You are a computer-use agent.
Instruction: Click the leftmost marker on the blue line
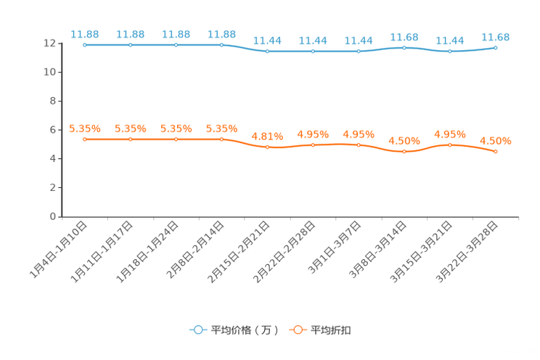pos(85,45)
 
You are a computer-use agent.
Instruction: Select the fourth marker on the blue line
pos(222,45)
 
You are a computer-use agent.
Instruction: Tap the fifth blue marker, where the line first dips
pos(268,52)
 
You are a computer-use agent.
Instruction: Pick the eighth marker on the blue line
pos(404,48)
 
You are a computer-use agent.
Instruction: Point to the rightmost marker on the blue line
pos(496,48)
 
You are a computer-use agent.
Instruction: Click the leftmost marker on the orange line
pos(85,139)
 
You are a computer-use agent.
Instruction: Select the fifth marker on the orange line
pos(268,147)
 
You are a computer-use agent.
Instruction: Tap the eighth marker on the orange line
pos(404,152)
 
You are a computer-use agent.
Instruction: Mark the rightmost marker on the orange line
pos(496,152)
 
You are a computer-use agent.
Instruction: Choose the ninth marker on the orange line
pos(450,145)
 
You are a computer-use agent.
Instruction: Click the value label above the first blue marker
pos(84,33)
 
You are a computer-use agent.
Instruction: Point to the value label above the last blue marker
pos(496,36)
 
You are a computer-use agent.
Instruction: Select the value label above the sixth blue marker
pos(313,40)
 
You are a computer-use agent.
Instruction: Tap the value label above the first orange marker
pos(84,128)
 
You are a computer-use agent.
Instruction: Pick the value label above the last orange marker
pos(495,141)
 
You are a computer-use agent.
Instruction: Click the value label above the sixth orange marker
pos(313,134)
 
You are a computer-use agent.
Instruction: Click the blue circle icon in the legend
pos(197,330)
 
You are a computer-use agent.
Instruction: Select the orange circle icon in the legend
pos(297,330)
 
